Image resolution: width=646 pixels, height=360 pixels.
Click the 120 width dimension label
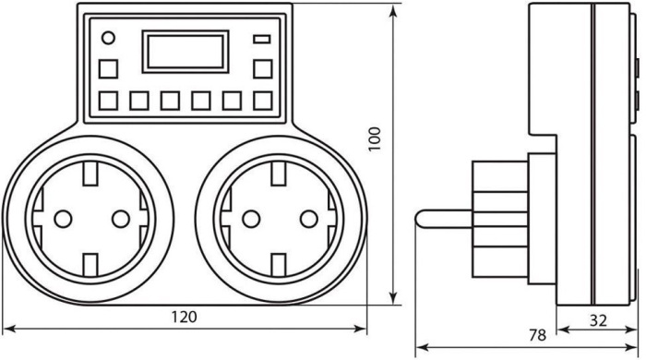(185, 317)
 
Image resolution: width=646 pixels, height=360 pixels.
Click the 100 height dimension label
(375, 139)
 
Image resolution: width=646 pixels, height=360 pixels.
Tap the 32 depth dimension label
(598, 320)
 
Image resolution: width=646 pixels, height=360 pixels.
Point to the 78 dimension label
(537, 335)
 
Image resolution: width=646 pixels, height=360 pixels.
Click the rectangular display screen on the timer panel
(185, 52)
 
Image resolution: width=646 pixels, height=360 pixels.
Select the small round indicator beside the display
(108, 38)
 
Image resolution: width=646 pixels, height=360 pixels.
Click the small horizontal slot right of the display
(262, 39)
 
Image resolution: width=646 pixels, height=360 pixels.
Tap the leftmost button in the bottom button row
(108, 101)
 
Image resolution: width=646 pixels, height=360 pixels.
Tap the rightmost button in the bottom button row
(262, 101)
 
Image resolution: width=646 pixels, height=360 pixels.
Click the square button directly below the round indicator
(108, 69)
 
